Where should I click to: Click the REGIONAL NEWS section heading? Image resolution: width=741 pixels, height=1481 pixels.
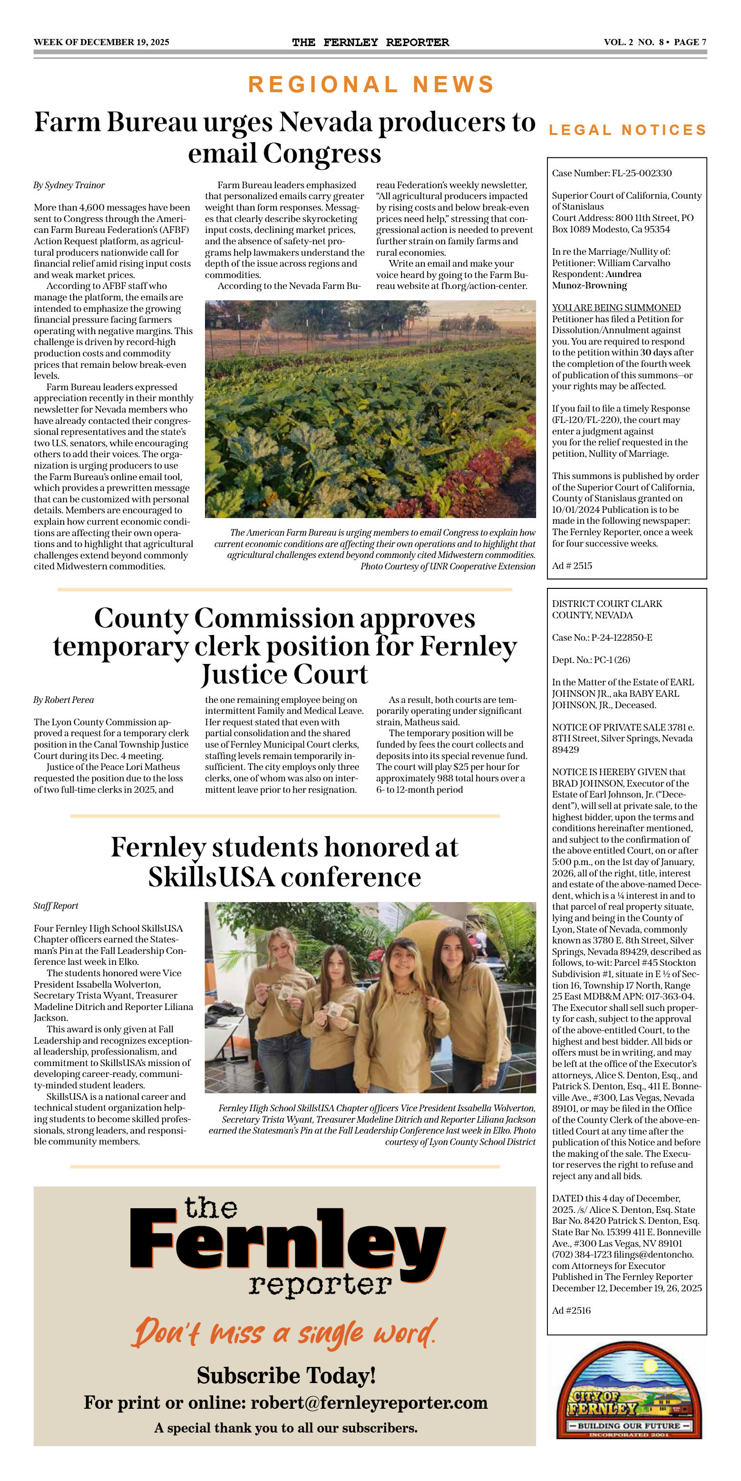tap(371, 85)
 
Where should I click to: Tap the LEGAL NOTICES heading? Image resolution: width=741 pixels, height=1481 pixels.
tap(627, 130)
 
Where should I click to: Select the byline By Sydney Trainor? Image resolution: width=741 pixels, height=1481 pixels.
tap(69, 185)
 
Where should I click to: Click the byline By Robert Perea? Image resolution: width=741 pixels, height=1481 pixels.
tap(63, 700)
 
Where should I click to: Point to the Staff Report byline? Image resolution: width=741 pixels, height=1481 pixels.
tap(56, 905)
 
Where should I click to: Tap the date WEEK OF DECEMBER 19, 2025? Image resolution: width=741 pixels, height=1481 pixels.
tap(101, 42)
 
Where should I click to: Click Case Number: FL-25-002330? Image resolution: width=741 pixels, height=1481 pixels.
tap(612, 173)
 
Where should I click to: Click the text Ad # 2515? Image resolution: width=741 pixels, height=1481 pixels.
tap(572, 566)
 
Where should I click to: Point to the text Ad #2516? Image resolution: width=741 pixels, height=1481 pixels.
tap(571, 1310)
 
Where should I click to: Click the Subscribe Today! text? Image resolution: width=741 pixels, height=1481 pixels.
tap(286, 1375)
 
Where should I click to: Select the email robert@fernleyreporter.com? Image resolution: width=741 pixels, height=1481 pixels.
tap(369, 1402)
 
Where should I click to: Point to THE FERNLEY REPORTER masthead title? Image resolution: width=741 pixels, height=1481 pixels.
tap(370, 42)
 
